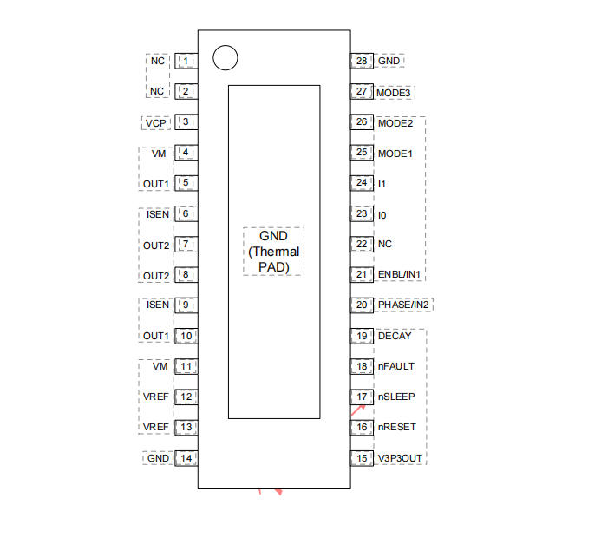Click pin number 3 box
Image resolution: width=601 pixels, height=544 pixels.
pos(186,122)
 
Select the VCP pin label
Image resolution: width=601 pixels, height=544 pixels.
pos(155,123)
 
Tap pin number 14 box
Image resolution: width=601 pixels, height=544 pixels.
pos(186,458)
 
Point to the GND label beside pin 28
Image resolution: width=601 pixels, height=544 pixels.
pos(389,61)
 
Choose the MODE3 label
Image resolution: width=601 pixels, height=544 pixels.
pos(393,93)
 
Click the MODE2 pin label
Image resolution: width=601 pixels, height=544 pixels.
pos(395,123)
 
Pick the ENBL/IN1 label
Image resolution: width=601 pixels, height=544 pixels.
pos(399,274)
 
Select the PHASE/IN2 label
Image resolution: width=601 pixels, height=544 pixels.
pos(403,305)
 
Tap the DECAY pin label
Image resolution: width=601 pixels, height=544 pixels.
pos(395,337)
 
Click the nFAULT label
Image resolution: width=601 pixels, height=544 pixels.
pos(396,366)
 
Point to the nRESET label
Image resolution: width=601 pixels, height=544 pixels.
pos(396,427)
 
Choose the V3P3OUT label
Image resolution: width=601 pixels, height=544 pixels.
pos(400,458)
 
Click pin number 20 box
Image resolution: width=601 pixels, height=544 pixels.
pos(362,305)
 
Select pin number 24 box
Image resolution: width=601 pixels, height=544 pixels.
pos(362,183)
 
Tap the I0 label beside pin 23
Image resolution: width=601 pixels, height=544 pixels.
pos(382,215)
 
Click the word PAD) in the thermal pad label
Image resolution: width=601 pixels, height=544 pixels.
pos(274,267)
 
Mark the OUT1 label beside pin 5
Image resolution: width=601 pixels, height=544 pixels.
pos(156,185)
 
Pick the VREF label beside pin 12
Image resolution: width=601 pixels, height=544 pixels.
pos(155,397)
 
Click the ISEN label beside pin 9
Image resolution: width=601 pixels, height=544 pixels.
pos(158,305)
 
